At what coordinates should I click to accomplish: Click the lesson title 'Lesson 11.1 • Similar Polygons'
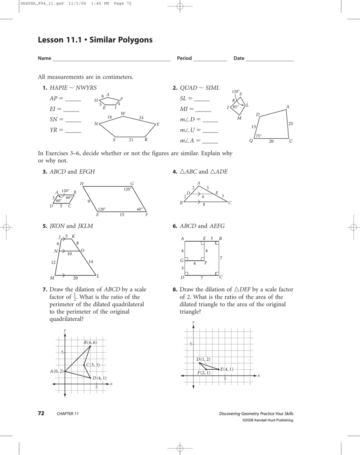95,40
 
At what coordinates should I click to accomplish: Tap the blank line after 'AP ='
73,99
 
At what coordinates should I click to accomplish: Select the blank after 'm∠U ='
210,131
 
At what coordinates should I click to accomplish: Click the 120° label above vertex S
236,91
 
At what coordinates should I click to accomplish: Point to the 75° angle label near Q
258,136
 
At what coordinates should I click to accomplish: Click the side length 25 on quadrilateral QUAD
291,124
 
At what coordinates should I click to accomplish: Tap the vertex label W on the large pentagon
123,113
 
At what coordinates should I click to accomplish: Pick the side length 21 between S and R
131,140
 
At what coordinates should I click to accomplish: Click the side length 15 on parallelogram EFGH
121,215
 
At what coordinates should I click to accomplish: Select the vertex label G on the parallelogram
132,184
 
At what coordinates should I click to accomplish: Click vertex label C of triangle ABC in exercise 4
230,203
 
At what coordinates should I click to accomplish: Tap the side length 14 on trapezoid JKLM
91,261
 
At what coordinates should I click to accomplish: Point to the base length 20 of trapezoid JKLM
76,278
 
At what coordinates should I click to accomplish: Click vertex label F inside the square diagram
205,263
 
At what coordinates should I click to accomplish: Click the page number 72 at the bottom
41,414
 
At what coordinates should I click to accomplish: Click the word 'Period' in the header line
184,58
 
